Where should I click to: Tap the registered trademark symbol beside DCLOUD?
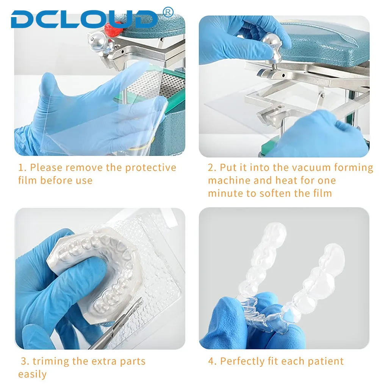tap(168, 12)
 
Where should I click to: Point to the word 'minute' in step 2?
tap(226, 193)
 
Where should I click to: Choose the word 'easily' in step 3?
tap(32, 374)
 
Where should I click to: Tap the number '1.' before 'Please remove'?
tap(22, 167)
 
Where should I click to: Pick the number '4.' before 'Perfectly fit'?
tap(212, 361)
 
